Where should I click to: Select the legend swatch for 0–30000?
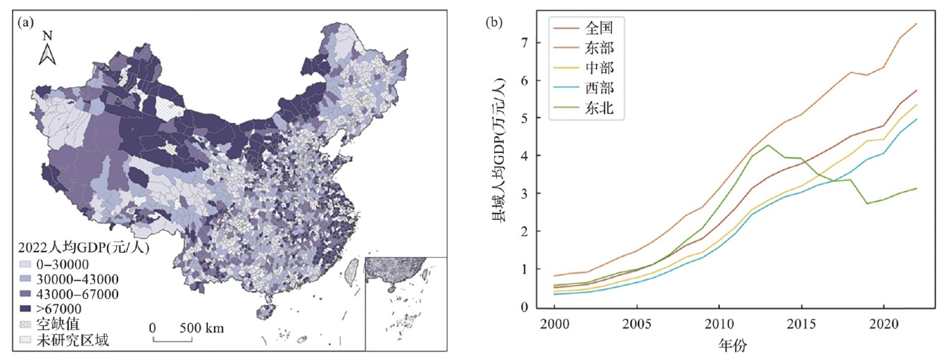24,264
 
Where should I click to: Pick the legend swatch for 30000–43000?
24,279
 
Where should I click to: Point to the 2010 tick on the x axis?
718,323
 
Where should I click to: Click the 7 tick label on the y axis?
524,42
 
